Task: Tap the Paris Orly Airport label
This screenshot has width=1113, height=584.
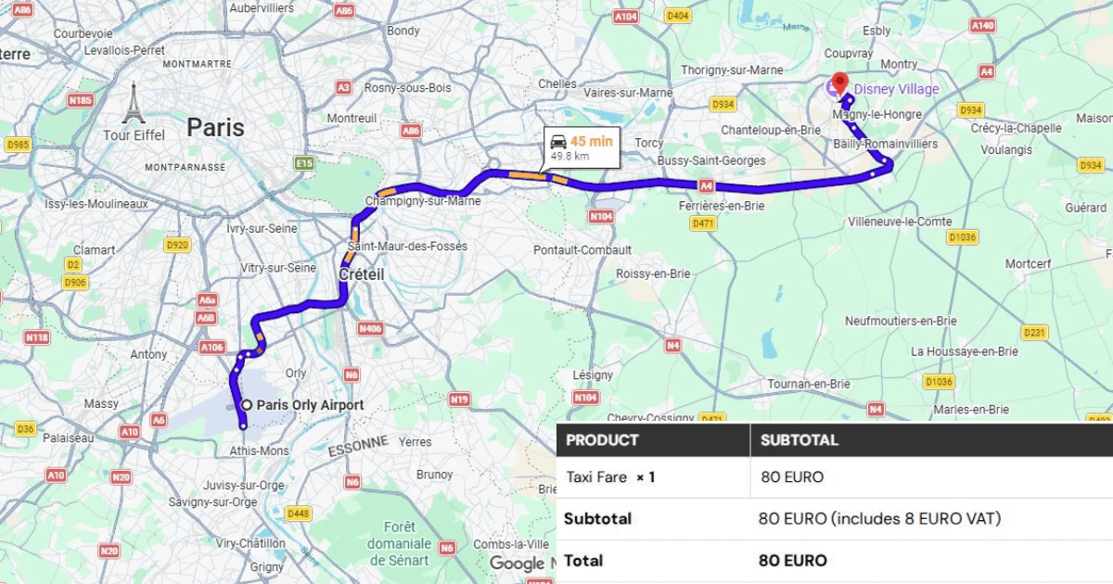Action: pos(309,405)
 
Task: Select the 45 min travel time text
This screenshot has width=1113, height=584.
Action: pos(591,141)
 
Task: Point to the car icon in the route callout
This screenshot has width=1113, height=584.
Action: pos(558,142)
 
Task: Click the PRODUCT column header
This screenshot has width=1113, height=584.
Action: pos(602,440)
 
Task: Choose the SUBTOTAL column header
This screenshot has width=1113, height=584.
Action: pos(799,440)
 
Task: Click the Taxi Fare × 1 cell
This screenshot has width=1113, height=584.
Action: pos(610,477)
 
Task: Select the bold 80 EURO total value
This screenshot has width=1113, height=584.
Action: pos(792,561)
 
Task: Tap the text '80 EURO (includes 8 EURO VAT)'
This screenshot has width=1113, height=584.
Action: pos(879,519)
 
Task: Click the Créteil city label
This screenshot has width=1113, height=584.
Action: pos(362,275)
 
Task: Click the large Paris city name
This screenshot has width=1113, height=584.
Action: pos(216,127)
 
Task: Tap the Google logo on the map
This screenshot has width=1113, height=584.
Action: pos(517,564)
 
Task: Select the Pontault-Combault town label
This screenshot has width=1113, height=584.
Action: pos(582,250)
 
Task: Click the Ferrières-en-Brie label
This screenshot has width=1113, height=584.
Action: pos(721,206)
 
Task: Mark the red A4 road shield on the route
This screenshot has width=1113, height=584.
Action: pos(707,186)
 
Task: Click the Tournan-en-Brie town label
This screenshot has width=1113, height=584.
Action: pos(808,384)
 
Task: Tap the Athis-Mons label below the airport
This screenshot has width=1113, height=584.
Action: pos(259,451)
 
